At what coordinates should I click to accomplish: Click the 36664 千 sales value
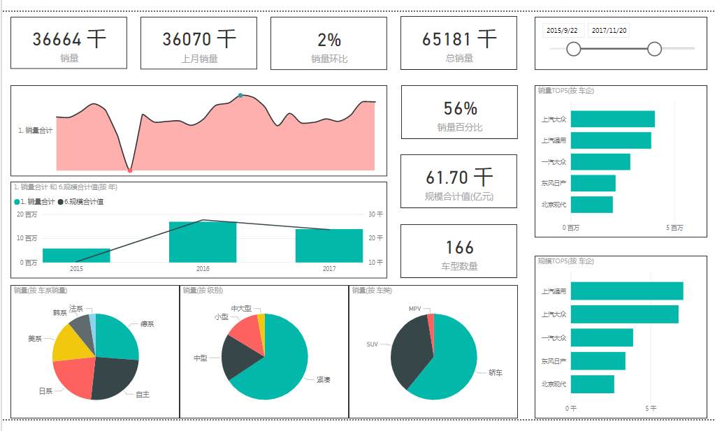tap(68, 39)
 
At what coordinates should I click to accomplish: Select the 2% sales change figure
tap(328, 40)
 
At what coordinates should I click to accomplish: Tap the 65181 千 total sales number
tap(458, 39)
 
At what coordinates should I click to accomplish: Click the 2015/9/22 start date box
tap(562, 31)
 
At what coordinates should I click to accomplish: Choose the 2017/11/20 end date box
tap(609, 31)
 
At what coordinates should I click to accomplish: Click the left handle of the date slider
tap(574, 48)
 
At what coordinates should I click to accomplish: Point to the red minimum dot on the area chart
tap(130, 170)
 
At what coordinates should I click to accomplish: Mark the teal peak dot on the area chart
tap(240, 95)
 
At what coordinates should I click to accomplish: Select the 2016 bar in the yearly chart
tap(203, 242)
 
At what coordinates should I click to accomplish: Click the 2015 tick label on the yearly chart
tap(76, 268)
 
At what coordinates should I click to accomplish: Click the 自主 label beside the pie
tap(143, 395)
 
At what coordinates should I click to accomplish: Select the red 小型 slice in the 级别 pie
tap(244, 331)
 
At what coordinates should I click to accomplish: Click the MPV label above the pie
tap(415, 308)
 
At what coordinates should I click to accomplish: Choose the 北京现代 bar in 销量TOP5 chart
tap(591, 205)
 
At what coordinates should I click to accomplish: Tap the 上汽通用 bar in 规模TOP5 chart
tap(626, 291)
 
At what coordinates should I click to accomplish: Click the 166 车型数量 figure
tap(459, 247)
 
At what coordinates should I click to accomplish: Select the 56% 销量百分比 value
tap(460, 108)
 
